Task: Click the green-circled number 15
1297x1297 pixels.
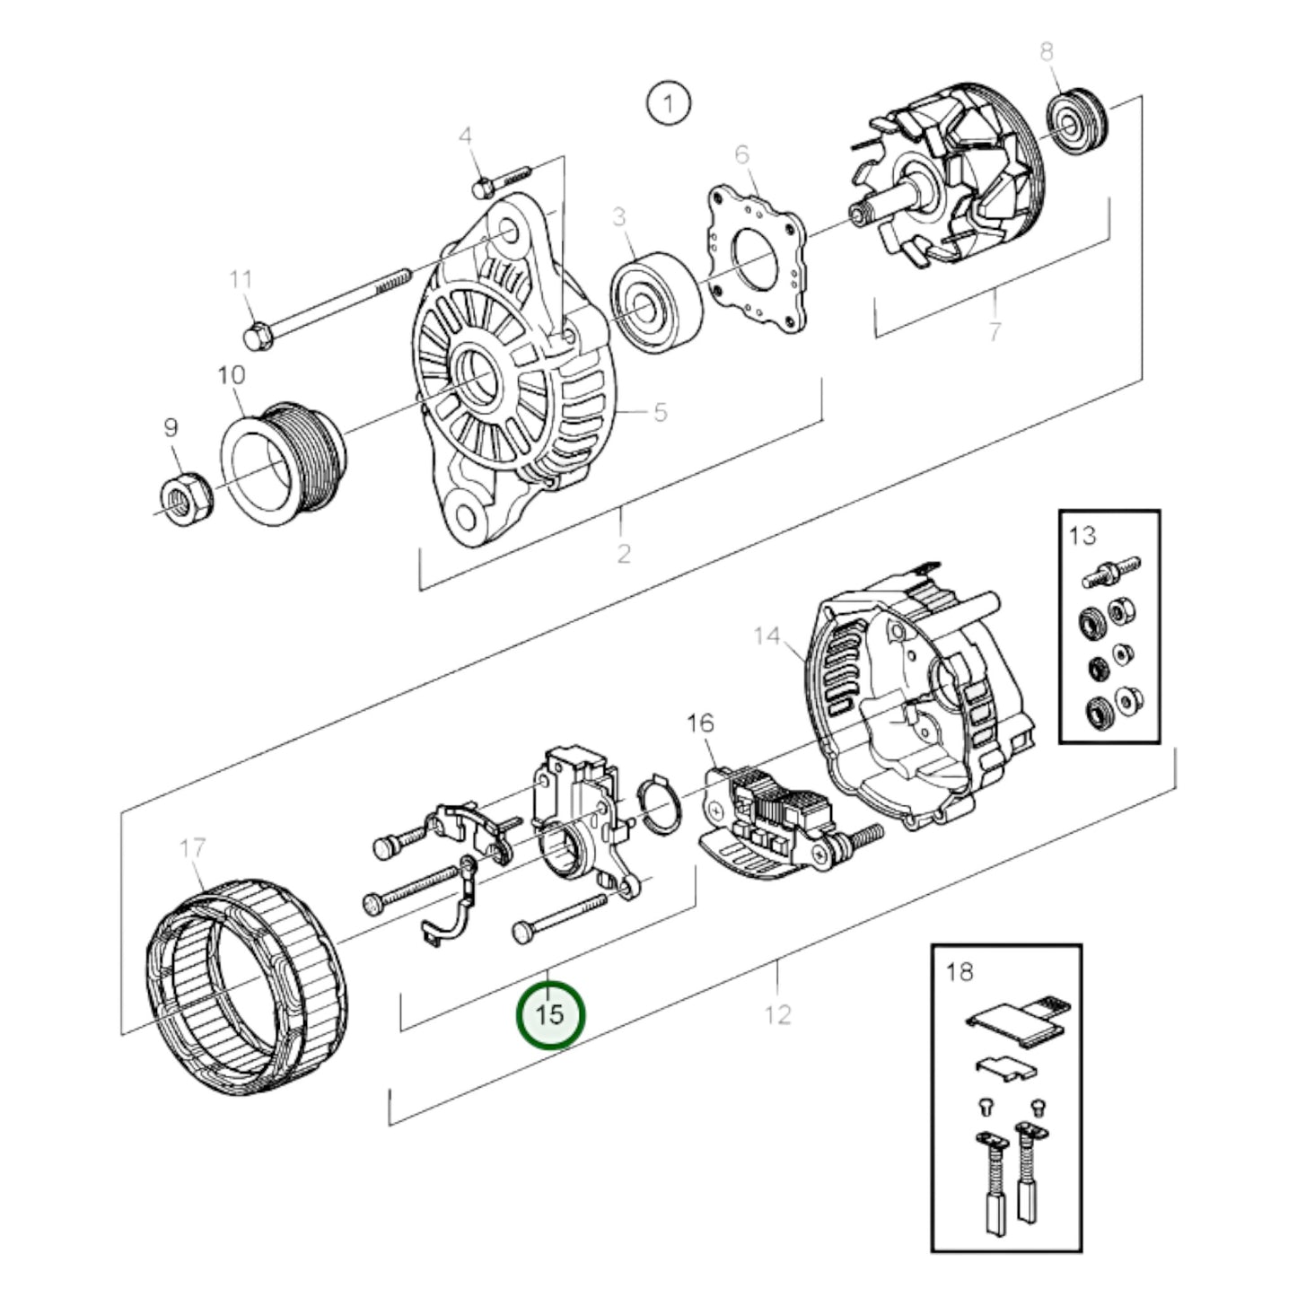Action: coord(550,1014)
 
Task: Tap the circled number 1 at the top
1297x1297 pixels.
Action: coord(668,103)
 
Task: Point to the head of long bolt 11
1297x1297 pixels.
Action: coord(257,337)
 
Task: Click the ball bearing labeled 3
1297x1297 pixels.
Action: coord(653,302)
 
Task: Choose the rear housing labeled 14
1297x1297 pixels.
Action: coord(920,709)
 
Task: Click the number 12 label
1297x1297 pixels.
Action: coord(777,1014)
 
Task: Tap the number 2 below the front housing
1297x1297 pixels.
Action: coord(624,553)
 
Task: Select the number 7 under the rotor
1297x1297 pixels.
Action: coord(994,331)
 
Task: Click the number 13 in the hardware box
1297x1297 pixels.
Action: coord(1082,536)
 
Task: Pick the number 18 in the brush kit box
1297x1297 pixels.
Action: coord(960,971)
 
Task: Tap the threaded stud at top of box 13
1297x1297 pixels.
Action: coord(1111,572)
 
